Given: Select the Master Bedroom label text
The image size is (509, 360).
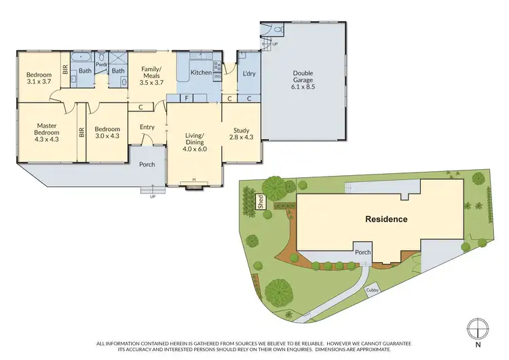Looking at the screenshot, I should pos(47,128).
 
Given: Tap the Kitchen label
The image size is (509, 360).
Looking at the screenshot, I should pos(201,72).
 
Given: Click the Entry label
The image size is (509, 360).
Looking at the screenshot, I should pos(147,127).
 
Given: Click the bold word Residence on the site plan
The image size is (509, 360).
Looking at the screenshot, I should pos(387,219).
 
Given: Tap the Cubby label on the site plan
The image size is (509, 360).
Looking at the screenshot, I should pos(373,289).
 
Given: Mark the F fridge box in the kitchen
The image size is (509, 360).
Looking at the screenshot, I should pos(185,98).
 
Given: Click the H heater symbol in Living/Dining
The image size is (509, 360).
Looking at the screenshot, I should pos(194,179).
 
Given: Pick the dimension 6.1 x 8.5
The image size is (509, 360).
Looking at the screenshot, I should pos(303,86).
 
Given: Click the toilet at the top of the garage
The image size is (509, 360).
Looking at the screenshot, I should pos(278,31).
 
